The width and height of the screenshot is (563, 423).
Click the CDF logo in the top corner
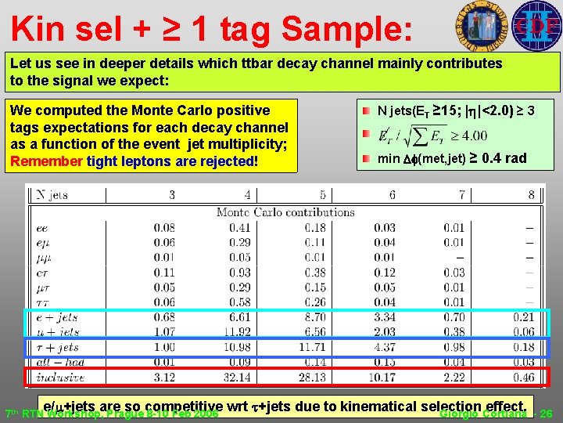536,25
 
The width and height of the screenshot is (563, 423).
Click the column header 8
531,195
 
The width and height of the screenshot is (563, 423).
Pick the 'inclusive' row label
57,378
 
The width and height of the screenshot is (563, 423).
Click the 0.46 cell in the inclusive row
524,378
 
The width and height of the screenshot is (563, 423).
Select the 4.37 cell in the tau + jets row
384,347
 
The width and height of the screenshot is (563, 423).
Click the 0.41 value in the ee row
238,227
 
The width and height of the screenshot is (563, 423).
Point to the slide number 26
547,414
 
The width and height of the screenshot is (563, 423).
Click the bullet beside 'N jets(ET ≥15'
366,111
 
